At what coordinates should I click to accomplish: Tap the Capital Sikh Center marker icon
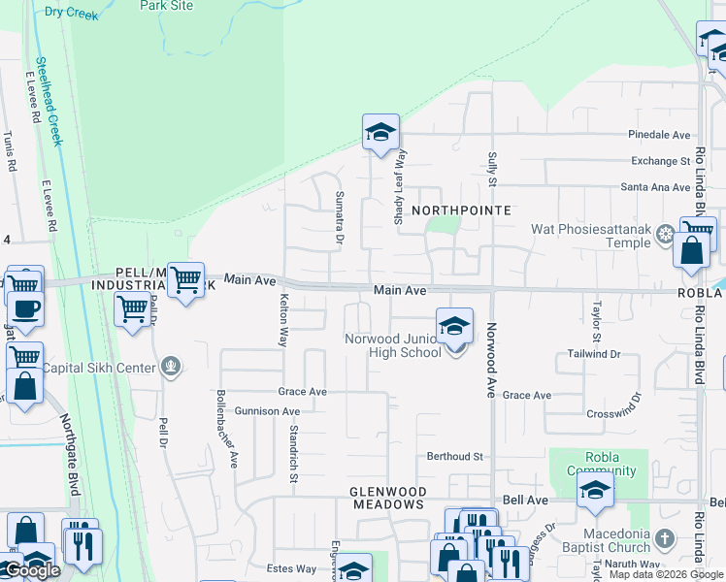click(x=171, y=366)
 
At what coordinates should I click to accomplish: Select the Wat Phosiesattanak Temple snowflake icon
click(x=665, y=234)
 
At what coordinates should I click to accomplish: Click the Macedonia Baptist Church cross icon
click(x=664, y=535)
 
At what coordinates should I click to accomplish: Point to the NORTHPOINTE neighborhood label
click(x=461, y=210)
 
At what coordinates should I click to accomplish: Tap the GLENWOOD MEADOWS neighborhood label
click(x=387, y=498)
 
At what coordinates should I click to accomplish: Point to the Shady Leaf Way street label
click(x=399, y=187)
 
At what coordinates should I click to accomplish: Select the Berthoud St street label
click(x=454, y=456)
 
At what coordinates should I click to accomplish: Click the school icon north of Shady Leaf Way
click(x=381, y=132)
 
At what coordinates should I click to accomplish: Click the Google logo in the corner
click(x=32, y=571)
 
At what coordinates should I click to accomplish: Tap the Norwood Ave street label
click(x=491, y=360)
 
